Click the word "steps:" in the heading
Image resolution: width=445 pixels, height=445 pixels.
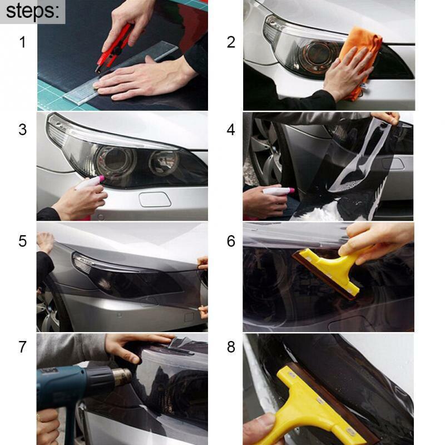(x=32, y=11)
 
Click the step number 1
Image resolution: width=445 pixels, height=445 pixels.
(x=22, y=42)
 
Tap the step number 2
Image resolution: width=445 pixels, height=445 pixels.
(x=231, y=42)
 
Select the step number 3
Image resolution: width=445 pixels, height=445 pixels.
(x=22, y=130)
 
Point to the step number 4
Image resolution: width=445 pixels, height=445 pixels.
(x=231, y=130)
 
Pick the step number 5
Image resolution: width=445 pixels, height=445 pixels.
(x=22, y=241)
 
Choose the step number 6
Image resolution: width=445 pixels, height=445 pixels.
(x=231, y=241)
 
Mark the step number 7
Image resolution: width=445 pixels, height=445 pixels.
(x=22, y=347)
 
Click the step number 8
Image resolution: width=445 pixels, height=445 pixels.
(x=231, y=347)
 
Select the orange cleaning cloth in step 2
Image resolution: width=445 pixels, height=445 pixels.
(x=362, y=58)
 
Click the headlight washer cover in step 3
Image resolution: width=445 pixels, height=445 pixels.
(x=155, y=199)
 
